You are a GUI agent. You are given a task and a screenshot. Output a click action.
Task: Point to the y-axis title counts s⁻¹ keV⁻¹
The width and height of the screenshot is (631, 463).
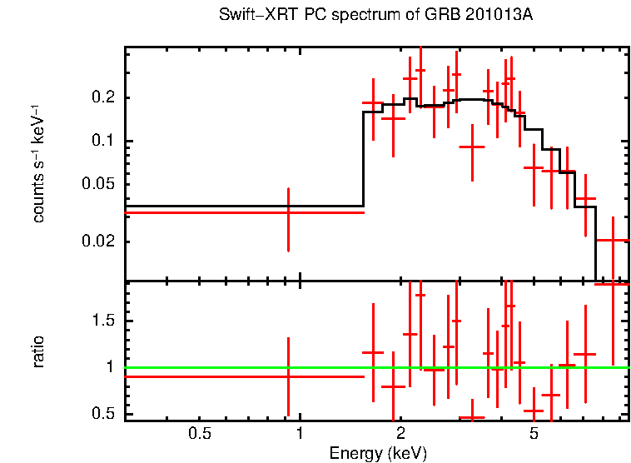point(38,163)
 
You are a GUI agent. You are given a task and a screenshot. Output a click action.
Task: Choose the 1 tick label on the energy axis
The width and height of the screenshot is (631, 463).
point(299,433)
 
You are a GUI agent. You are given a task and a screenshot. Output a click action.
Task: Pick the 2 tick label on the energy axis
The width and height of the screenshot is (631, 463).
point(400,433)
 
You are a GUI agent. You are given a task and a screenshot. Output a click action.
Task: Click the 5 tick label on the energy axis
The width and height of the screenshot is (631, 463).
point(534,433)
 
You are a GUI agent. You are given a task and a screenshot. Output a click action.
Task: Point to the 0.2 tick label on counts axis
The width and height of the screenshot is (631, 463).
point(103,98)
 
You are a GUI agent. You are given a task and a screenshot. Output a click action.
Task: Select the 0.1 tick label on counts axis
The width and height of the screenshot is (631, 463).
point(103,142)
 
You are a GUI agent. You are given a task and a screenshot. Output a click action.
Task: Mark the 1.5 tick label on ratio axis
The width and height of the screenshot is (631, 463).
point(103,321)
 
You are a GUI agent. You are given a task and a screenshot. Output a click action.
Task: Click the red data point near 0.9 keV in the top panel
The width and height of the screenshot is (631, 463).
point(288,212)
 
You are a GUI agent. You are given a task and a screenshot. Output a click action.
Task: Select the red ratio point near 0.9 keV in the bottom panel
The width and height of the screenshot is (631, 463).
point(288,376)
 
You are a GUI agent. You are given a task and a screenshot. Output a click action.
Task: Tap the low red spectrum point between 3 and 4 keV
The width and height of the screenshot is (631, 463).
point(472,147)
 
